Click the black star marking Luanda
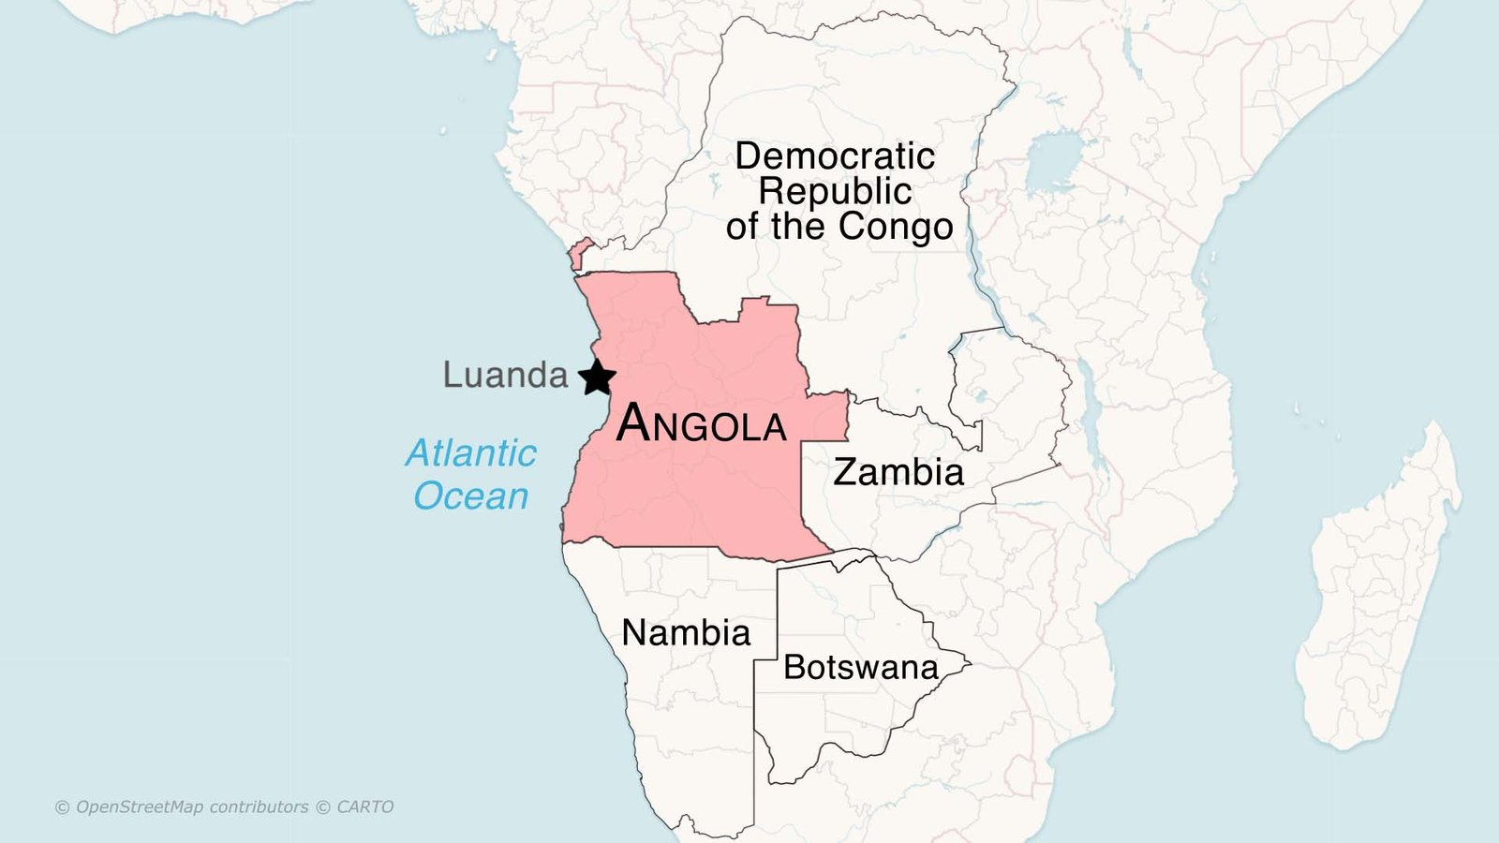pyautogui.click(x=597, y=377)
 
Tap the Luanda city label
pyautogui.click(x=505, y=375)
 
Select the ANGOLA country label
pyautogui.click(x=701, y=424)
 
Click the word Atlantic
pyautogui.click(x=470, y=453)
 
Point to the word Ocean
pyautogui.click(x=470, y=495)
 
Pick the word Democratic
pyautogui.click(x=834, y=155)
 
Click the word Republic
pyautogui.click(x=834, y=191)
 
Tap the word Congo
pyautogui.click(x=895, y=227)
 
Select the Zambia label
pyautogui.click(x=898, y=472)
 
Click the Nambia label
pyautogui.click(x=686, y=633)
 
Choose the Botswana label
pyautogui.click(x=860, y=667)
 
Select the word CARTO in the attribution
pyautogui.click(x=365, y=806)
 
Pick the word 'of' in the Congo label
pyautogui.click(x=742, y=227)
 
